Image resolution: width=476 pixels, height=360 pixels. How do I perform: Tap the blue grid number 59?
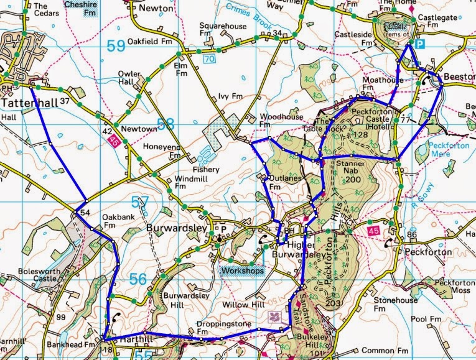pos(116,46)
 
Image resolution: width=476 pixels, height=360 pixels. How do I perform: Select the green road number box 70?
pos(209,58)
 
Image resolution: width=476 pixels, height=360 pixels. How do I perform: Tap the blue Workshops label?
pos(241,270)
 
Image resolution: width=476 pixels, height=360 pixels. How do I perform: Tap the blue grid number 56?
pos(139,280)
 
